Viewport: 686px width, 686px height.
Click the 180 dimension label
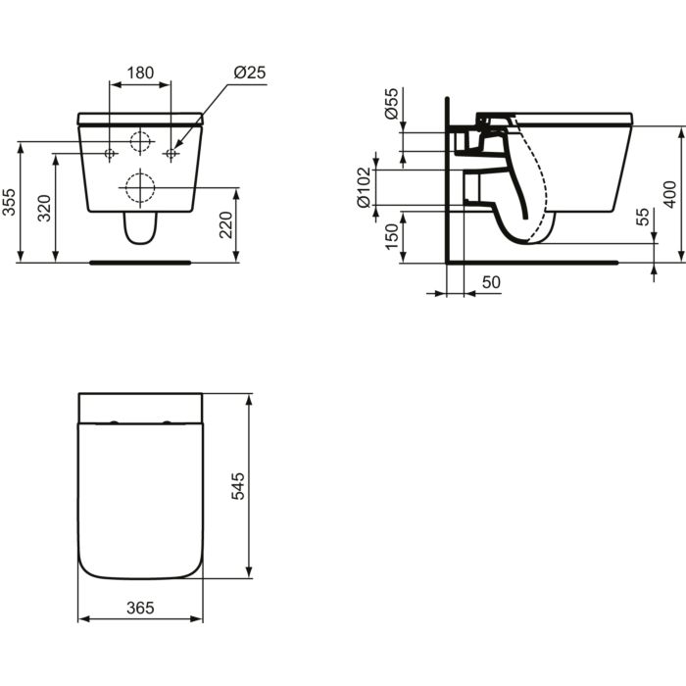point(140,73)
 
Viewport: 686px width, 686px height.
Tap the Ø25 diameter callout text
point(248,73)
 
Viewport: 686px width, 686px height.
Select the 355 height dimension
point(10,201)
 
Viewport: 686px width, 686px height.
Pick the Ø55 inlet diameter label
point(390,103)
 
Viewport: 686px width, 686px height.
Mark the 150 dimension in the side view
point(390,235)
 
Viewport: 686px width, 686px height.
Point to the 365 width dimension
point(140,608)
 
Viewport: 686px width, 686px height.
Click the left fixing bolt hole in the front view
point(110,154)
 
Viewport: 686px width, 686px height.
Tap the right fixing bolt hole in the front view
point(171,154)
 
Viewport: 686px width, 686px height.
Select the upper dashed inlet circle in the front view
point(141,141)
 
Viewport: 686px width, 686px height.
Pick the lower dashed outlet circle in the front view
point(140,186)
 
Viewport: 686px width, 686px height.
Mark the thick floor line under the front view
point(140,263)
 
